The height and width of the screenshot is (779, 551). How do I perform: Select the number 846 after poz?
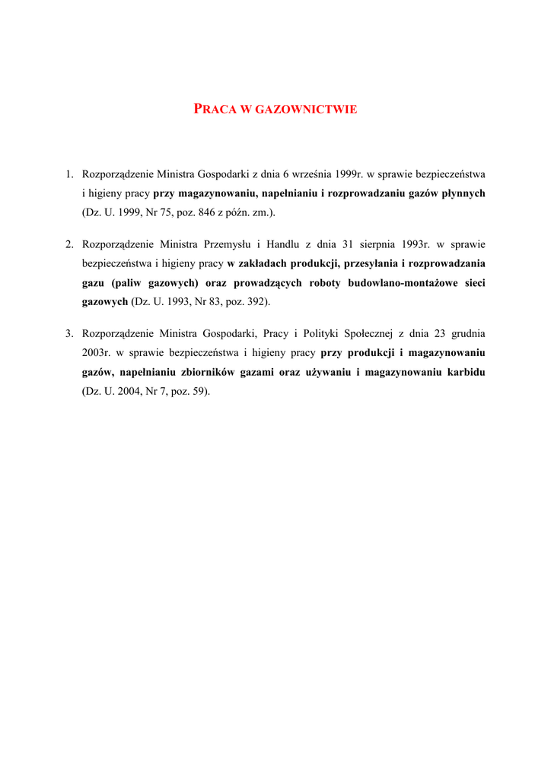205,213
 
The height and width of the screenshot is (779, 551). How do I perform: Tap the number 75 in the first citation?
164,213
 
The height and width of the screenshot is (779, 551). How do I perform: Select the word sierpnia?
377,244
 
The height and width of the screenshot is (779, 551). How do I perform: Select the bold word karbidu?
464,373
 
